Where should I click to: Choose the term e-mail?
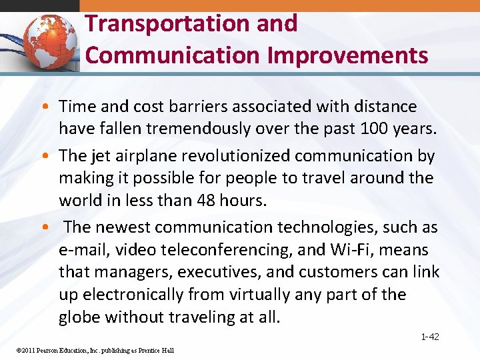[x=80, y=250]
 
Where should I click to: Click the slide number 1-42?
[x=430, y=337]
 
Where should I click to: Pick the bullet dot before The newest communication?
[x=51, y=227]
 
